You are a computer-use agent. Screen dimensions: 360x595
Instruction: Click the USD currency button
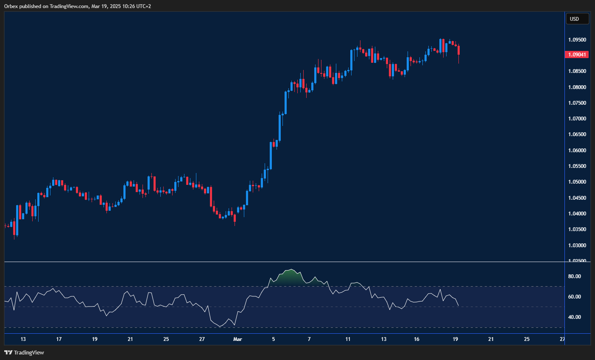(x=577, y=19)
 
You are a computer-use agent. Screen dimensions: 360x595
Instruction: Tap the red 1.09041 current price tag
(x=577, y=55)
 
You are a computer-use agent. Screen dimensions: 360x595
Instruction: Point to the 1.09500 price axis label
(x=577, y=40)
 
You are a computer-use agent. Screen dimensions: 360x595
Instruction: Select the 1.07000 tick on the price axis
(x=577, y=119)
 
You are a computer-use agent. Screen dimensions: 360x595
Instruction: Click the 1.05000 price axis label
(x=577, y=182)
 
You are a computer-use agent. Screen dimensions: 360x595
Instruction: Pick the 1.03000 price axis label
(x=577, y=246)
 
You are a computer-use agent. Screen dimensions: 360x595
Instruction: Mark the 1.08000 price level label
(x=577, y=87)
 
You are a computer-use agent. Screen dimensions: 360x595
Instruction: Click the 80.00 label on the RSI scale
(x=575, y=276)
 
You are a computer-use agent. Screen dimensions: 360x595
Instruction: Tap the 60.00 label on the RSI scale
(x=575, y=297)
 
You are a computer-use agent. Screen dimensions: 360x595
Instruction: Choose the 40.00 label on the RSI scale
(x=575, y=317)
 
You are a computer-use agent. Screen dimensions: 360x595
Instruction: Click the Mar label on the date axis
(x=237, y=339)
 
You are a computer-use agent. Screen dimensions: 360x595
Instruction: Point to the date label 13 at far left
(x=23, y=339)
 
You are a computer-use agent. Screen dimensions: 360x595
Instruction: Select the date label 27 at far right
(x=562, y=339)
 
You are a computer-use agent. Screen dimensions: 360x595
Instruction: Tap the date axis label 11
(x=348, y=339)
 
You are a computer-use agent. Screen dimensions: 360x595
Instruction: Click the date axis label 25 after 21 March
(x=527, y=339)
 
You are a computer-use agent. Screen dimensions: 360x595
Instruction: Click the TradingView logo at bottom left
(x=24, y=352)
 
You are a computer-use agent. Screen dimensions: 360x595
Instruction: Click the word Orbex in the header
(x=11, y=6)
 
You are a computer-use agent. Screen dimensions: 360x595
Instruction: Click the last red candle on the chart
(x=459, y=50)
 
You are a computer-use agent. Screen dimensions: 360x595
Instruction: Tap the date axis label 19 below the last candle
(x=455, y=339)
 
